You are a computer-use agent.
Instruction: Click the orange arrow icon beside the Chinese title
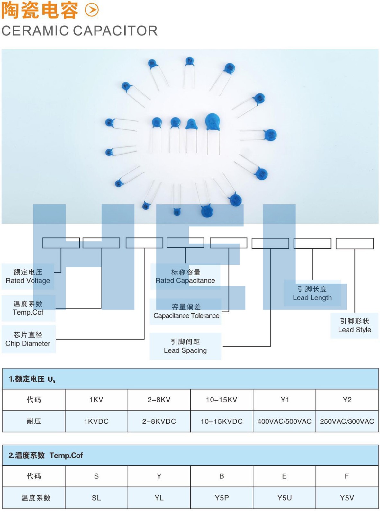92,10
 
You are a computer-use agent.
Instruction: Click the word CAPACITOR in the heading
115,31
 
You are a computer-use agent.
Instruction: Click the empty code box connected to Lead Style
355,243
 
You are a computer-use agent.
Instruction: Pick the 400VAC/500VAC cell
284,421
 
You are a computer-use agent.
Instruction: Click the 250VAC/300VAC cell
347,421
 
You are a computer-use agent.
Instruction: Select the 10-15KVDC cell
222,421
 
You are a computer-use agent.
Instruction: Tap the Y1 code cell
285,400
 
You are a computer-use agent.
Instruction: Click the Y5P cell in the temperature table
222,498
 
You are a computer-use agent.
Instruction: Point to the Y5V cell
347,498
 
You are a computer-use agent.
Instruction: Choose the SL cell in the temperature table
96,498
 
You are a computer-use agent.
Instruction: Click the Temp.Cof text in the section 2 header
66,455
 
